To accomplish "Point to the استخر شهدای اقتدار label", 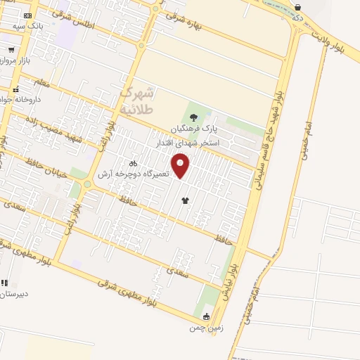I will click(188, 143).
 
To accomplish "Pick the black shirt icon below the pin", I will click(185, 200).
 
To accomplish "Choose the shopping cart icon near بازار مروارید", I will click(11, 50).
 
